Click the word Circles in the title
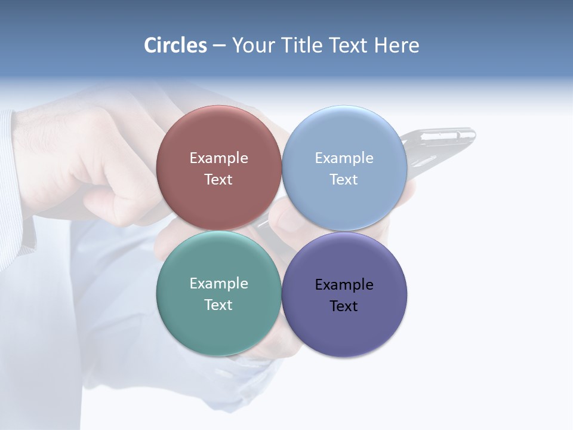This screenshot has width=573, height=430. [x=175, y=45]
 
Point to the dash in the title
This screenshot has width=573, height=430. [x=218, y=46]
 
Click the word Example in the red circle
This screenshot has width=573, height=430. [x=218, y=158]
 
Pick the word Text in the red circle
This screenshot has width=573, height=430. [x=218, y=179]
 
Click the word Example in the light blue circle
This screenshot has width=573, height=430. [x=344, y=158]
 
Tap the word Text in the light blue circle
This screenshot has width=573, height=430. [x=344, y=179]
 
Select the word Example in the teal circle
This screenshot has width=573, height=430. [x=218, y=283]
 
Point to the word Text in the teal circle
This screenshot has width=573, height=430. [x=218, y=305]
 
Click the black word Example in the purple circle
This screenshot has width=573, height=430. [x=344, y=284]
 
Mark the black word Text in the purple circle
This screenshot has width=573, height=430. [x=344, y=306]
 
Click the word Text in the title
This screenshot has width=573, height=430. [x=349, y=45]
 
